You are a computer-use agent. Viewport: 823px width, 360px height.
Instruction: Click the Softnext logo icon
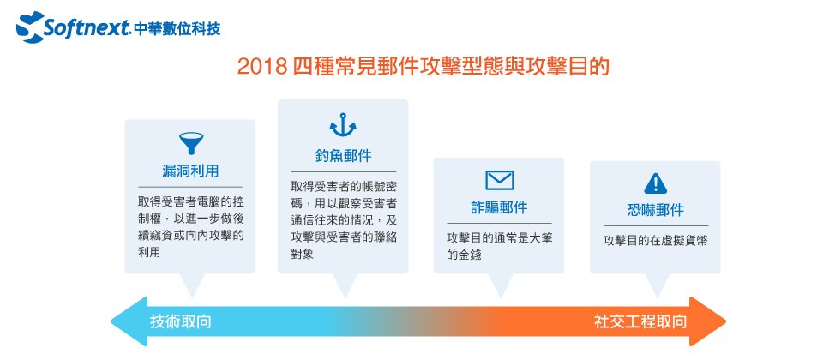(x=30, y=27)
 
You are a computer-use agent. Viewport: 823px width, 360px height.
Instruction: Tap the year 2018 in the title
(x=261, y=67)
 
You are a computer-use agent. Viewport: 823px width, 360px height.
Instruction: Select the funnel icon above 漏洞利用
(x=191, y=143)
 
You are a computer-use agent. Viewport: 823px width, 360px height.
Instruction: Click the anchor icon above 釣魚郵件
(x=343, y=125)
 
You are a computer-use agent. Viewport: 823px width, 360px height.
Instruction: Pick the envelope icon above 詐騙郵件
(x=499, y=181)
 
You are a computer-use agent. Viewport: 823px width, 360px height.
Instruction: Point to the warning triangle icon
(x=655, y=183)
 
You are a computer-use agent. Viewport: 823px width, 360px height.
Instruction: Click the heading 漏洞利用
(x=190, y=171)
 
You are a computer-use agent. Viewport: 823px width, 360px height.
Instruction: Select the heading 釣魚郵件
(x=343, y=156)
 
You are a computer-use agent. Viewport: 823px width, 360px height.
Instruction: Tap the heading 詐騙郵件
(x=499, y=207)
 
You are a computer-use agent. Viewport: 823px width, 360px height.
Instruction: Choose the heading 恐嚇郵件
(x=656, y=210)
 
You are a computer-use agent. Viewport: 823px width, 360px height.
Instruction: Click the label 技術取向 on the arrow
(x=181, y=321)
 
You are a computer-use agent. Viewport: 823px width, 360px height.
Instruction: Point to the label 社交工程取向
(x=640, y=321)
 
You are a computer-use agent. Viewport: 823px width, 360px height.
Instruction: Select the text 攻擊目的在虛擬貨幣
(x=655, y=240)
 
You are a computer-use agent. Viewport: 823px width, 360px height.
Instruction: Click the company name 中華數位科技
(x=177, y=29)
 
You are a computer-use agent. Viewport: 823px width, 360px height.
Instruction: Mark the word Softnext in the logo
(x=87, y=27)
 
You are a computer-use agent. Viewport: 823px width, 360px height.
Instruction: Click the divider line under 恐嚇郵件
(x=656, y=225)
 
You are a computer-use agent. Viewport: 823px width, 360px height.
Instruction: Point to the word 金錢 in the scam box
(x=471, y=255)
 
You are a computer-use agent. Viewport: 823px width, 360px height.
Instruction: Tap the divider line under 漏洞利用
(x=190, y=187)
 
